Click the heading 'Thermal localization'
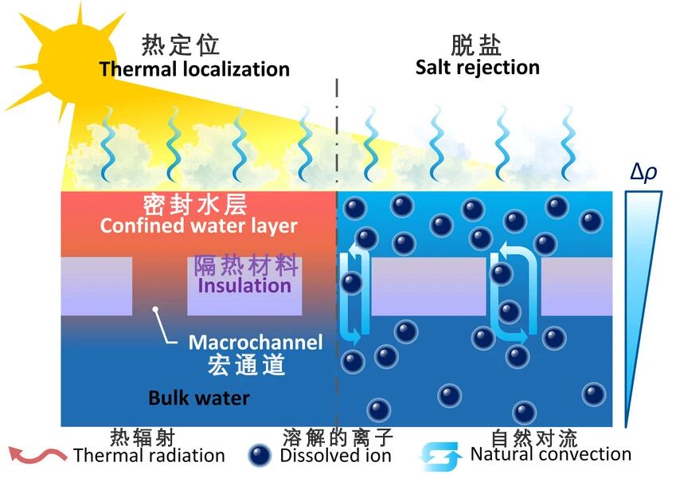point(194,69)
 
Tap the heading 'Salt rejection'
point(477,66)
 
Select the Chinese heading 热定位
point(181,45)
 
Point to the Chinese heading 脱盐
point(476,44)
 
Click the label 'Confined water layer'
point(198,225)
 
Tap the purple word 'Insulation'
point(244,285)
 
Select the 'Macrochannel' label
point(256,343)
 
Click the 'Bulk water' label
point(199,398)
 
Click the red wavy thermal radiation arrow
point(37,455)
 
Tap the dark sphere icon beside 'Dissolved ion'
point(260,455)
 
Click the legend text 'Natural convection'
point(550,454)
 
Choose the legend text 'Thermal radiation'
point(149,456)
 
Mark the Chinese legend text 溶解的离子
point(338,437)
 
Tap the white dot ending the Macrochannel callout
point(157,309)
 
